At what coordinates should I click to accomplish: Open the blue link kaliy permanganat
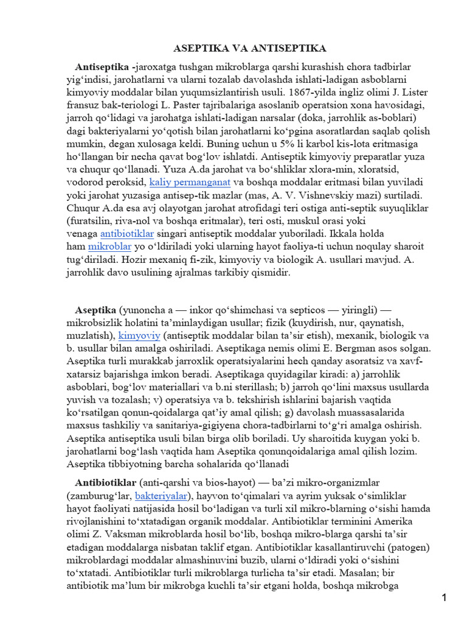(190, 182)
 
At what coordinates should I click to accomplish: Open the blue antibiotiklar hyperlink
(127, 234)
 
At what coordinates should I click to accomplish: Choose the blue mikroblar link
(109, 246)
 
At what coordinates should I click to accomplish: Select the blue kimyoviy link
(139, 335)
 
